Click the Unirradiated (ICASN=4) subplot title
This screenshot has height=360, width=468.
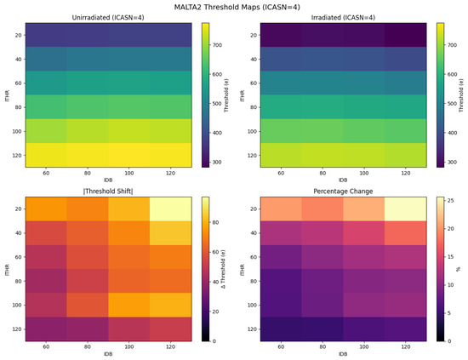(x=108, y=18)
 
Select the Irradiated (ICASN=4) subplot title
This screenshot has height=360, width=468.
(x=343, y=18)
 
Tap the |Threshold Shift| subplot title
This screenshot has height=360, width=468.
(x=108, y=191)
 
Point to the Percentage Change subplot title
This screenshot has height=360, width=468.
(x=343, y=191)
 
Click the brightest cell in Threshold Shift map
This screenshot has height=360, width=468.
(x=170, y=209)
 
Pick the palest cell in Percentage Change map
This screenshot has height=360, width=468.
(x=405, y=209)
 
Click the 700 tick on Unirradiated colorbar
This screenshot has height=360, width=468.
(x=217, y=45)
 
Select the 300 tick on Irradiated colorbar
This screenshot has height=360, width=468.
(x=452, y=162)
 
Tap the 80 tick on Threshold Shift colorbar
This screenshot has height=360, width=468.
(x=215, y=222)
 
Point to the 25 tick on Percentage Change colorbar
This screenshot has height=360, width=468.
(x=451, y=201)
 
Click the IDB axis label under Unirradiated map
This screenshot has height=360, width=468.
(x=108, y=180)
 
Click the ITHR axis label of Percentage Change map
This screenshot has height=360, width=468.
(x=242, y=270)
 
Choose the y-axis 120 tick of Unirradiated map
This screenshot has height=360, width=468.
(x=18, y=155)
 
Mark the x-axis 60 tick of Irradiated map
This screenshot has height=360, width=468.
(x=281, y=173)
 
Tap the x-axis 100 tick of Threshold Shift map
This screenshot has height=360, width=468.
(x=129, y=347)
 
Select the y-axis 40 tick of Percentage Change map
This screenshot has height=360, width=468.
(x=254, y=233)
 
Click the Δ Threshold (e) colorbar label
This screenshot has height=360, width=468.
(x=223, y=269)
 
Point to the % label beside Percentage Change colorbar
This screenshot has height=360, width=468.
(x=459, y=269)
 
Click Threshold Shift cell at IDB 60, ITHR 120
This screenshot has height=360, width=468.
(x=46, y=329)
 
